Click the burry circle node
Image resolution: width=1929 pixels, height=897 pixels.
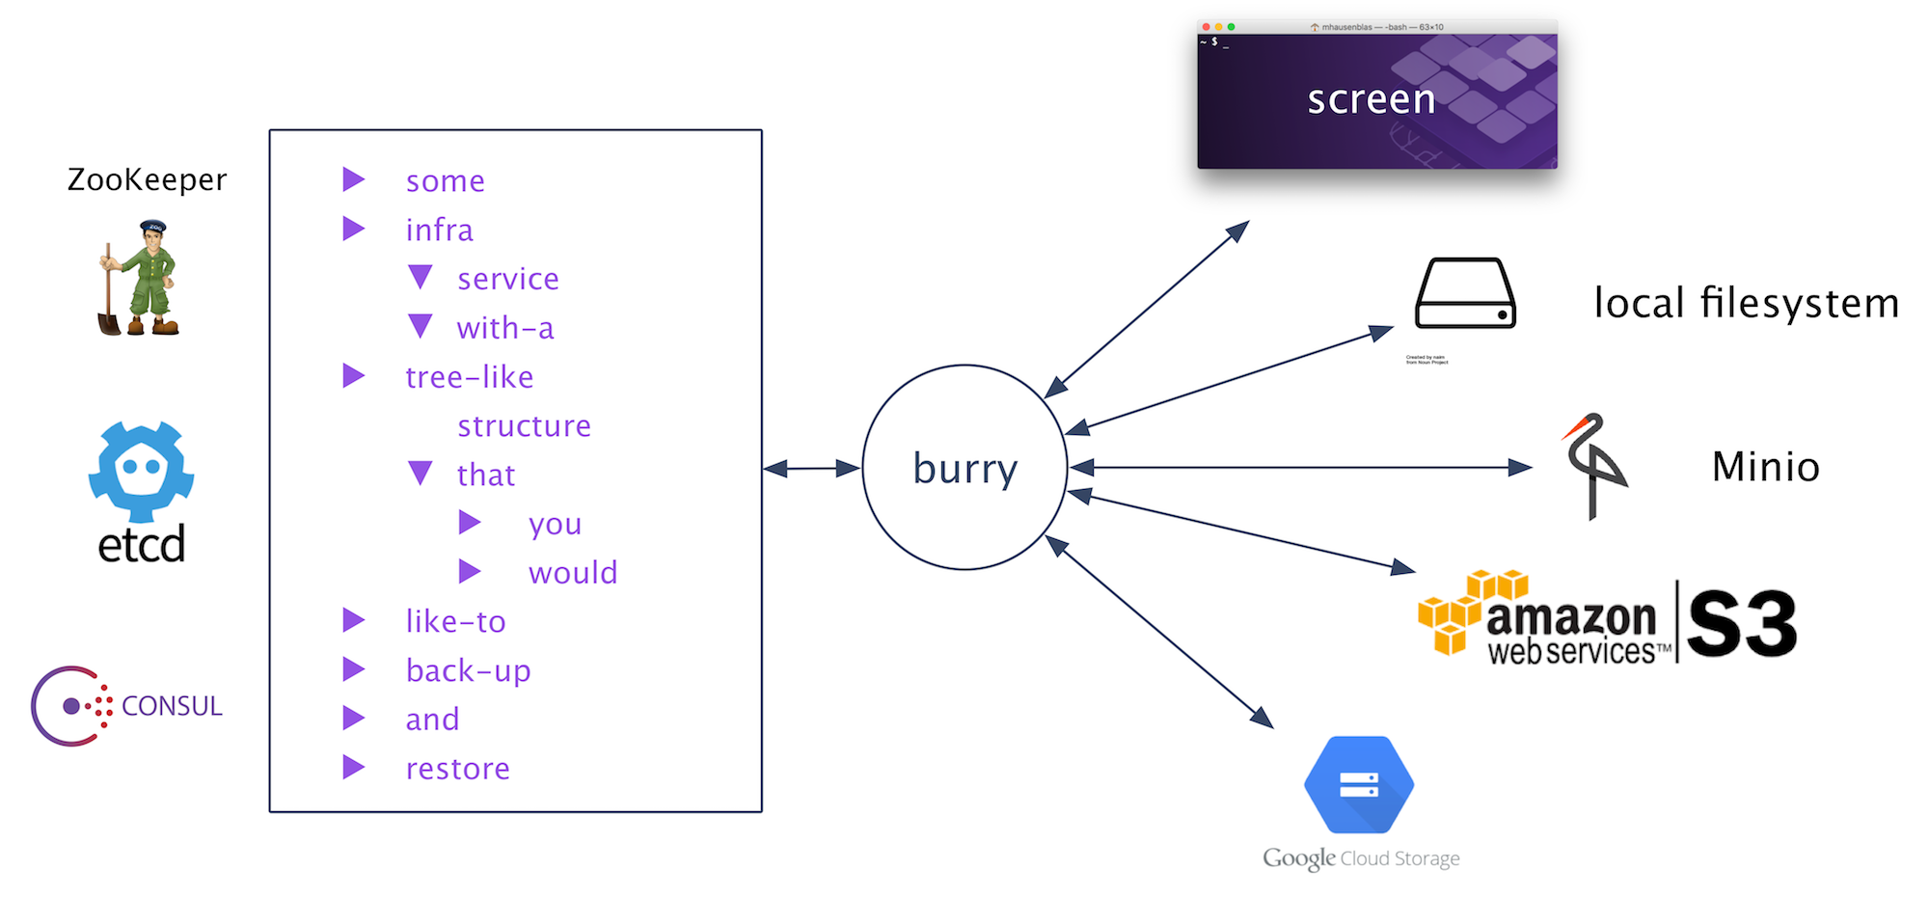(x=964, y=468)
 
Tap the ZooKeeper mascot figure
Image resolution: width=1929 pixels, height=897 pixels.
(x=140, y=279)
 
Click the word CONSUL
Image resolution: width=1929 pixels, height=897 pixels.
(x=172, y=706)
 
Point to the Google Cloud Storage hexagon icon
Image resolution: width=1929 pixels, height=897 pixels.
(x=1359, y=784)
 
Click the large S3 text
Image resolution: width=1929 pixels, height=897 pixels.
(x=1742, y=623)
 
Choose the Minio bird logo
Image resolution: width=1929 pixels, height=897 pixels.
(x=1594, y=466)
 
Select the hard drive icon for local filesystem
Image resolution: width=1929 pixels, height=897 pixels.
(x=1465, y=294)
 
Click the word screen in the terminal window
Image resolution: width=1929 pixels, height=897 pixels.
(x=1371, y=99)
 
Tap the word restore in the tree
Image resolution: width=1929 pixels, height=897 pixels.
(x=457, y=769)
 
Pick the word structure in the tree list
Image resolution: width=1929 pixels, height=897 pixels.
(x=524, y=426)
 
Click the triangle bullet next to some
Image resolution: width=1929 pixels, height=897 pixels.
(x=354, y=179)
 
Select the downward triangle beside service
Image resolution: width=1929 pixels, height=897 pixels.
(x=421, y=278)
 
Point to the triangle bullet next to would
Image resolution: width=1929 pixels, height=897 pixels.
(x=470, y=572)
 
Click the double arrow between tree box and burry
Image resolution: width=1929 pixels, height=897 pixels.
(x=812, y=469)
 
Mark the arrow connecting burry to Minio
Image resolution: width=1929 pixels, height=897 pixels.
(x=1302, y=468)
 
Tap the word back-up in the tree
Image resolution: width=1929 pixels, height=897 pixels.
(x=468, y=670)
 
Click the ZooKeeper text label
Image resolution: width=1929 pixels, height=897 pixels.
(x=147, y=179)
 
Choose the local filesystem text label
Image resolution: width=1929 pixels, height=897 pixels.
(x=1746, y=303)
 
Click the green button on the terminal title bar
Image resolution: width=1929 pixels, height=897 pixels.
(x=1231, y=27)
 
